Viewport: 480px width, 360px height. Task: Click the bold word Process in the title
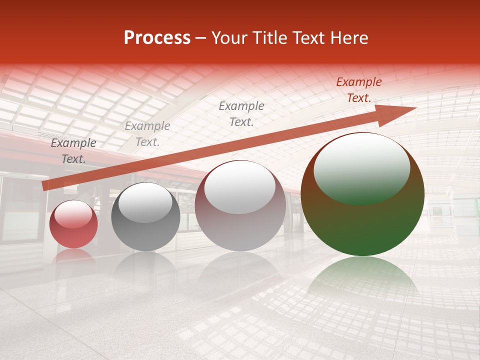pyautogui.click(x=157, y=38)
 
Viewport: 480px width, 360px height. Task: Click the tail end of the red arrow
pyautogui.click(x=46, y=186)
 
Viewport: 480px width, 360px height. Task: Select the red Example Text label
pyautogui.click(x=359, y=90)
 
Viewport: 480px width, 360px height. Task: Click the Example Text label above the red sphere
pyautogui.click(x=73, y=151)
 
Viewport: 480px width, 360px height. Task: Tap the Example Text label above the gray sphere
pyautogui.click(x=147, y=134)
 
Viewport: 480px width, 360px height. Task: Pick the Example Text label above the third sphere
pyautogui.click(x=241, y=113)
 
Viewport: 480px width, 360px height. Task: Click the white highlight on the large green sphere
pyautogui.click(x=361, y=167)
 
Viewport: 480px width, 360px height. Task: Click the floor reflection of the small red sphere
pyautogui.click(x=73, y=256)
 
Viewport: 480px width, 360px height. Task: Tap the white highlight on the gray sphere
pyautogui.click(x=145, y=202)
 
